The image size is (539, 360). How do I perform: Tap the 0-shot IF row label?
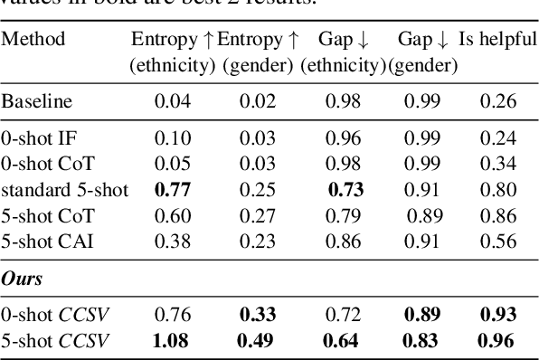(33, 138)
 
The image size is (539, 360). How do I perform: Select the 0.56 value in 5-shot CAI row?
(498, 243)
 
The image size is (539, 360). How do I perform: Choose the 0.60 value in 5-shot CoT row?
(173, 217)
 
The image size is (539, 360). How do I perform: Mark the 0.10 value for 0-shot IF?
(173, 138)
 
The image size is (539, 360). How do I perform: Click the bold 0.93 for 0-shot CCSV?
(498, 315)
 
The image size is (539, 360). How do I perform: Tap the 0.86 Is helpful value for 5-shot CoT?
(498, 217)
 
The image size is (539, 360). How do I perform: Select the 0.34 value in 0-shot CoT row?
(498, 165)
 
